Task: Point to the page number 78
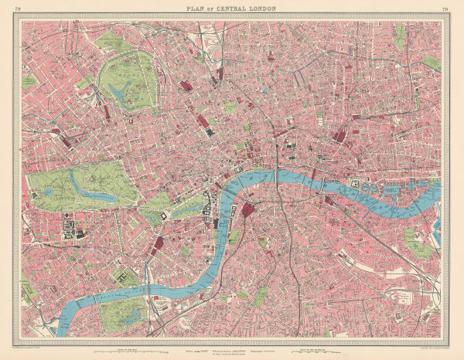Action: tap(17, 8)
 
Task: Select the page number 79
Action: tap(445, 8)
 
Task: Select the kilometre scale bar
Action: tap(309, 349)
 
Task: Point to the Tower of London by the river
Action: tap(354, 183)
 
